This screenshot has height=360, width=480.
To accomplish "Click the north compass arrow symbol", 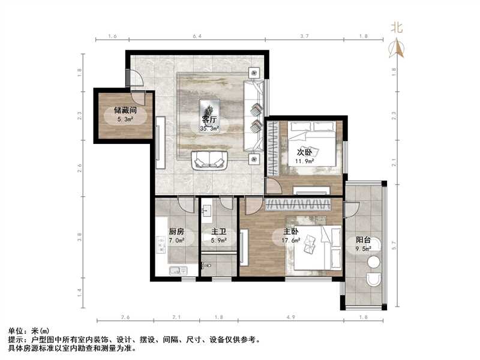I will tap(397, 48).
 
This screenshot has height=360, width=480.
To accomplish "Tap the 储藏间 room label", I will tap(126, 111).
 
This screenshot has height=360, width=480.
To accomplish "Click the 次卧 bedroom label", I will tap(305, 152).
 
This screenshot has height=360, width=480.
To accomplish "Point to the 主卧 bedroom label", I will tap(291, 232).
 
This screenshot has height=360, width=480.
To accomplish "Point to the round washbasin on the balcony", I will tap(373, 262).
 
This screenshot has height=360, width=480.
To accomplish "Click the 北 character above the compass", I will tap(397, 27).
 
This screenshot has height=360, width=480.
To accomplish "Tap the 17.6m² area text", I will tap(291, 241).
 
